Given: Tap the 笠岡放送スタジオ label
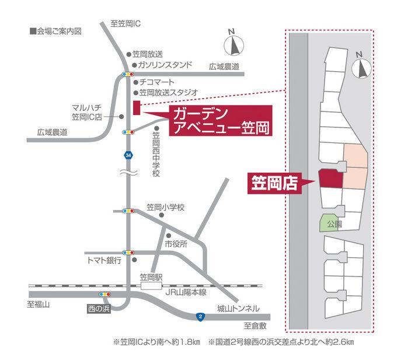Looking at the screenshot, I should [169, 92].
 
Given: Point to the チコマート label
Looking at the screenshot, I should [158, 83].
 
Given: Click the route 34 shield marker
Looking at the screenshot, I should [128, 155].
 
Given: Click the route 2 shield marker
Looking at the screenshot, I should [200, 317].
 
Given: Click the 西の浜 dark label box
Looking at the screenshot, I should [99, 306].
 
